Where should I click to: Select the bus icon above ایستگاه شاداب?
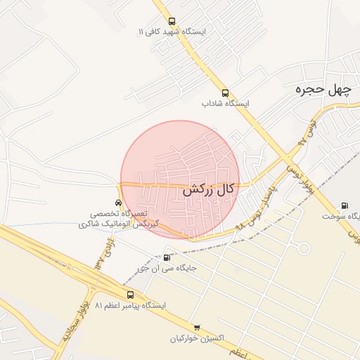pyautogui.click(x=225, y=93)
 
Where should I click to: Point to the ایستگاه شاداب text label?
pyautogui.click(x=226, y=103)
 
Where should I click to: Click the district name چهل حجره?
pyautogui.click(x=322, y=89)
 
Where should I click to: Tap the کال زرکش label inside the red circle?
pyautogui.click(x=208, y=189)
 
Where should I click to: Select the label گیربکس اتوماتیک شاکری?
pyautogui.click(x=118, y=224)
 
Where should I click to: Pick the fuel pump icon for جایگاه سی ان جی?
pyautogui.click(x=166, y=257)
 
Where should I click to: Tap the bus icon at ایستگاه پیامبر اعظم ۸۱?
pyautogui.click(x=130, y=295)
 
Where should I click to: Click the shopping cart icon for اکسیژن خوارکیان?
pyautogui.click(x=197, y=327)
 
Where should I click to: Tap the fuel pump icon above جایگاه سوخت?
pyautogui.click(x=344, y=205)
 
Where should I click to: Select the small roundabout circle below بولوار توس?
pyautogui.click(x=303, y=248)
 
